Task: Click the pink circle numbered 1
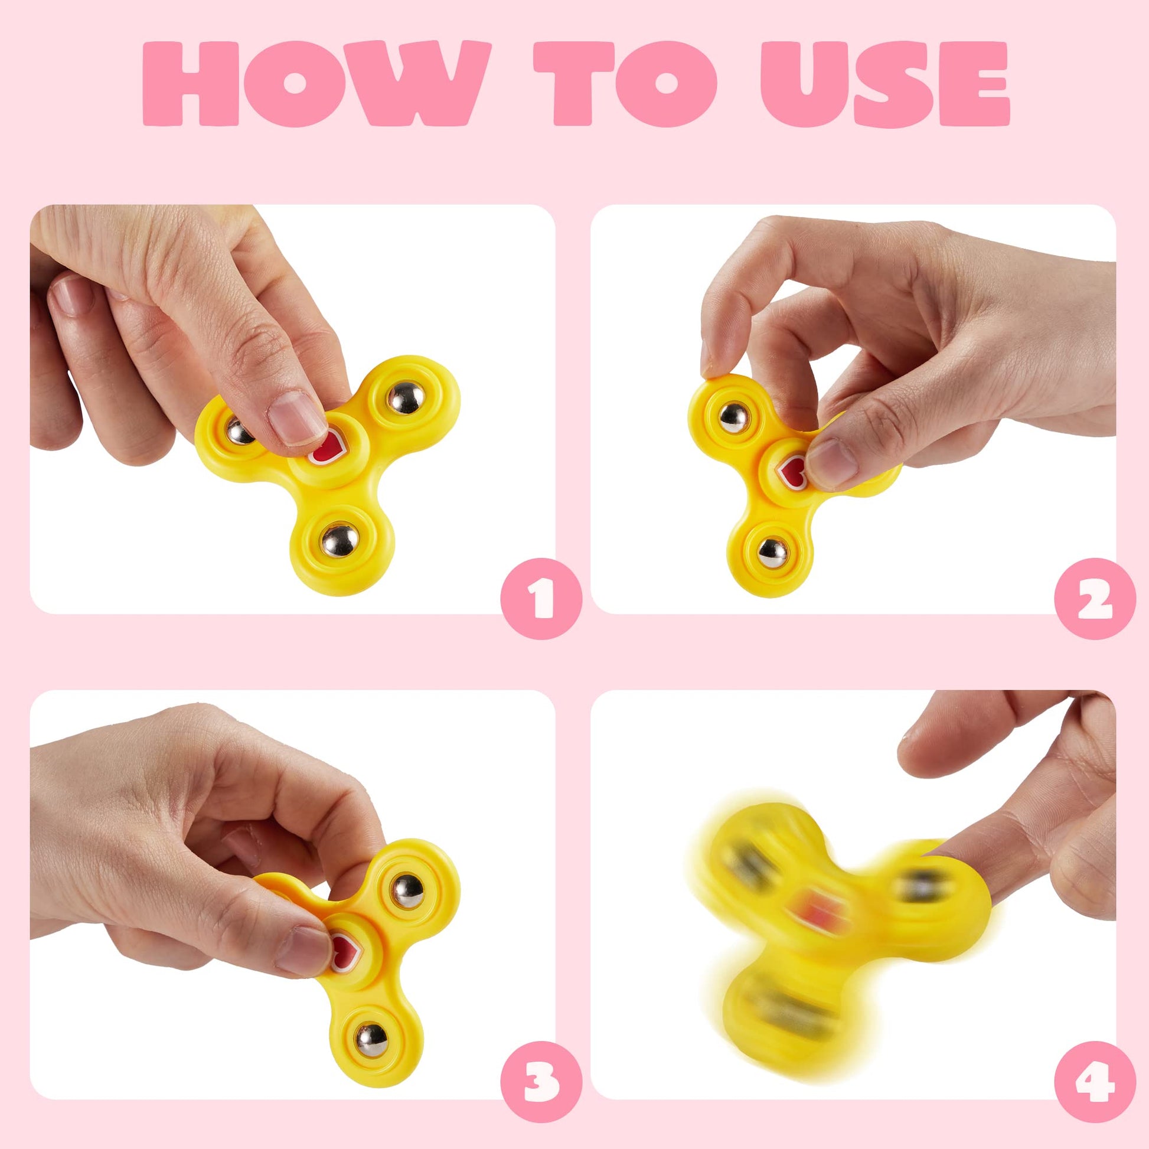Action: [541, 598]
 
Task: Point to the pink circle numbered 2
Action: [1095, 598]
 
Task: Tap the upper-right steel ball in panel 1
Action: [405, 398]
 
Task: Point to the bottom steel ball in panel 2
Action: [772, 553]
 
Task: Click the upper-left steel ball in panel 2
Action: [733, 417]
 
